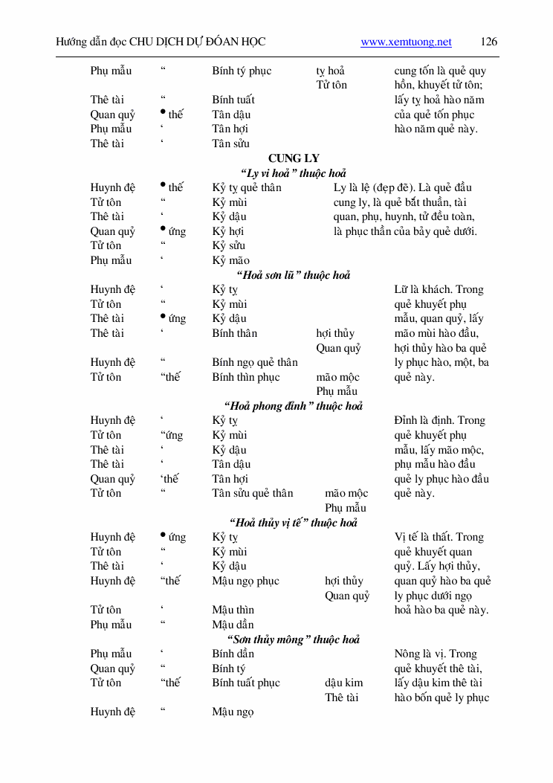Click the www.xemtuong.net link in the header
tap(406, 42)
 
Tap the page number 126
tap(489, 42)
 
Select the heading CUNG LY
tap(294, 158)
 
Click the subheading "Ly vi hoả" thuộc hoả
tap(293, 173)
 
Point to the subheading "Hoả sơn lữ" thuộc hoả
tap(293, 275)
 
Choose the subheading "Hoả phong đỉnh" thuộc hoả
tap(293, 406)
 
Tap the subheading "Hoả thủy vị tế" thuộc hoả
tap(293, 523)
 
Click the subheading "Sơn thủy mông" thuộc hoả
tap(293, 639)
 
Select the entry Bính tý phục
tap(242, 71)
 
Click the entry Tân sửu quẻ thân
tap(252, 494)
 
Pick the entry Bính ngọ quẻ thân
tap(254, 363)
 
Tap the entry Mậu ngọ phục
tap(245, 581)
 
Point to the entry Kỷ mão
tap(230, 261)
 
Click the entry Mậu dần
tap(233, 625)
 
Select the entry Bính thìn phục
tap(245, 377)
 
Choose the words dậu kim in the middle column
tap(343, 683)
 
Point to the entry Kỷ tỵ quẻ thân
tap(246, 188)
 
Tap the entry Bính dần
tap(233, 654)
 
